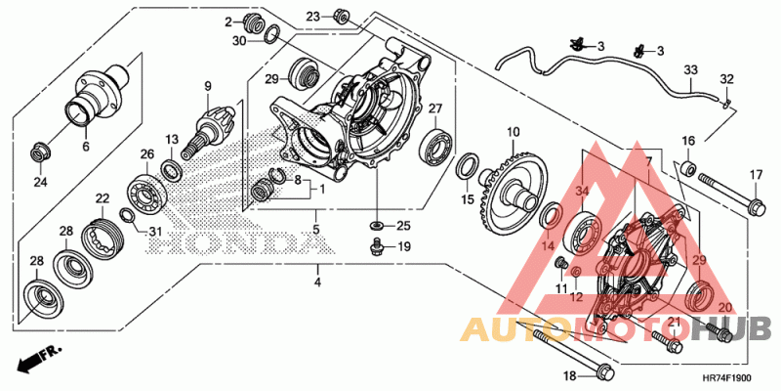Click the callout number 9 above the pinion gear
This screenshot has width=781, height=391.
[x=208, y=86]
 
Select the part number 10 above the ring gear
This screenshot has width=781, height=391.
[x=514, y=132]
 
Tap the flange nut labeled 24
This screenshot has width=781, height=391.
[x=39, y=152]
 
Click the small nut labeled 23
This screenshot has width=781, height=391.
[x=341, y=16]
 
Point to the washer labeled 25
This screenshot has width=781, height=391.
[x=377, y=227]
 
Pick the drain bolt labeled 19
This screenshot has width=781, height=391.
[x=378, y=246]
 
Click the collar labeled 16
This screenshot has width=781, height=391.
[x=688, y=168]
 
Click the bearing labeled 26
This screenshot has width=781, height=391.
[x=147, y=192]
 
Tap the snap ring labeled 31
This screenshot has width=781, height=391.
[x=127, y=216]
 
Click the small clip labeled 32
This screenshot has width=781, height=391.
[x=725, y=104]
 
